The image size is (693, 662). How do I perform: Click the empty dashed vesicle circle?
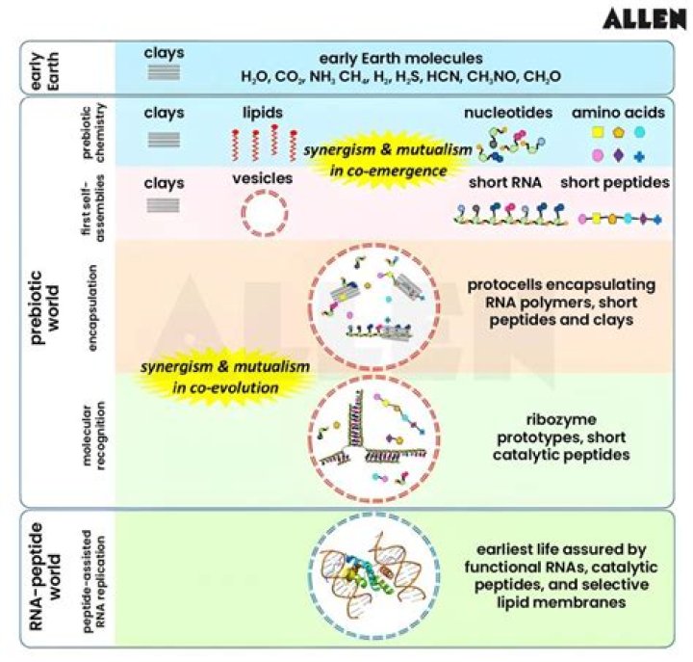pyautogui.click(x=264, y=212)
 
